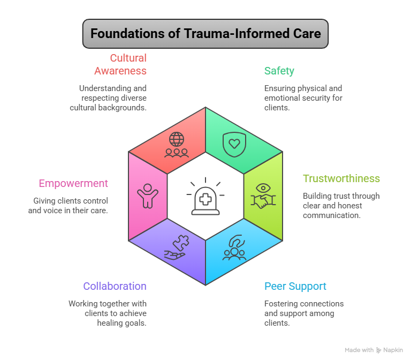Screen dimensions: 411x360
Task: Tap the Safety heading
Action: coord(279,71)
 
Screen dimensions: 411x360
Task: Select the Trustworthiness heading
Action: coord(341,178)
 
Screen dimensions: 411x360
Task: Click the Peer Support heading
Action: coord(295,286)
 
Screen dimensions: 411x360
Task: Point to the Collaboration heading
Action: coord(115,286)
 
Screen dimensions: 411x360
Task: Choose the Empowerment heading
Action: coord(73,183)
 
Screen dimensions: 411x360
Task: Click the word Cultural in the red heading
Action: coord(128,58)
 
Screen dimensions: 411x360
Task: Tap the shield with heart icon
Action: coord(234,144)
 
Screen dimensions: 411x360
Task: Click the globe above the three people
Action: coord(177,139)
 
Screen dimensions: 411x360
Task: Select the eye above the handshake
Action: coord(263,188)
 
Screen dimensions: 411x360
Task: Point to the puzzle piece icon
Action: coord(181,243)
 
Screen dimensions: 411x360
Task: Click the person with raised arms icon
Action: coord(148,196)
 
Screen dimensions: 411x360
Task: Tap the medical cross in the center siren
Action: coord(205,199)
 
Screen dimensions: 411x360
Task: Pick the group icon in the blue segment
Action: coord(234,247)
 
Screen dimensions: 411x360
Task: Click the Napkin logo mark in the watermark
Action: coord(378,350)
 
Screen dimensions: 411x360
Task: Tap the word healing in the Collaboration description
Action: coord(109,323)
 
